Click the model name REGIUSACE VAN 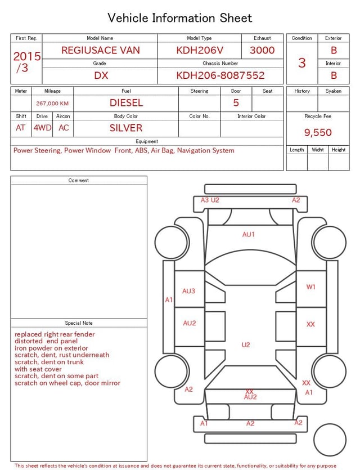point(101,50)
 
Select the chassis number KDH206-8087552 point(220,75)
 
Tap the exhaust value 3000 point(262,50)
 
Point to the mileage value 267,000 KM point(52,104)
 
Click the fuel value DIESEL point(126,103)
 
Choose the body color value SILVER point(126,128)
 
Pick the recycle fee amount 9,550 point(318,132)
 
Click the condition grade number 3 point(302,63)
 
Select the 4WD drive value point(42,128)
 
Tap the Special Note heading point(79,323)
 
